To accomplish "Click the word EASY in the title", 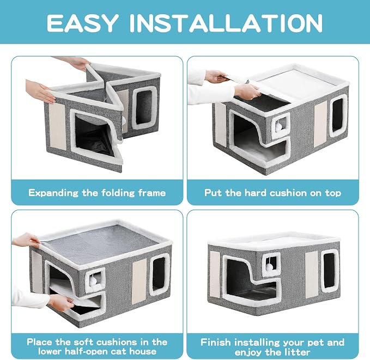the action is point(82,23).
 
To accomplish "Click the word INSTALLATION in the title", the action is point(226,23).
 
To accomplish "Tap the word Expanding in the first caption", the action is point(53,193).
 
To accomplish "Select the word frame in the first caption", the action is point(152,193).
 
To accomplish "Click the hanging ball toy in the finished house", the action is point(269,267).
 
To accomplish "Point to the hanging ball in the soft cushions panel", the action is point(93,281).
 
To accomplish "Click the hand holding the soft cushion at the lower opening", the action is point(60,302).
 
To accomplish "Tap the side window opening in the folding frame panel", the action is point(144,108).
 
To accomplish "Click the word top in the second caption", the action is point(333,193).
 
